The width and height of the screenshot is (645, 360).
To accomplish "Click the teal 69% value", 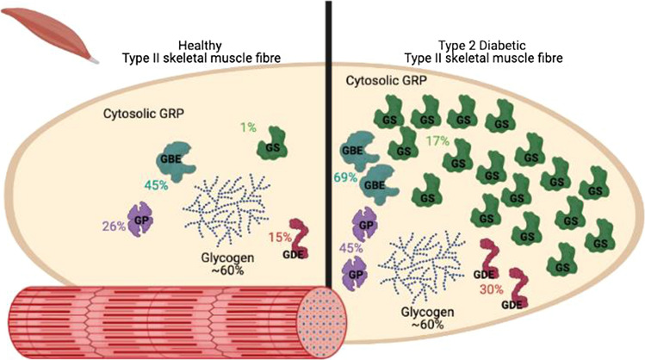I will (347, 177).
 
